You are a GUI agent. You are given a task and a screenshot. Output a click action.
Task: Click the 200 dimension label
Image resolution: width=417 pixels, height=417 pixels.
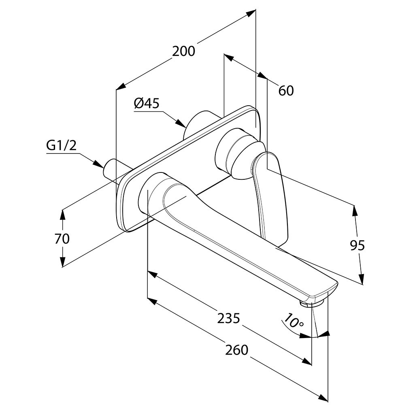click(x=183, y=51)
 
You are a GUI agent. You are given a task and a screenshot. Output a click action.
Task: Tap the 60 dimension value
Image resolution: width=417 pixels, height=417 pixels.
click(x=286, y=90)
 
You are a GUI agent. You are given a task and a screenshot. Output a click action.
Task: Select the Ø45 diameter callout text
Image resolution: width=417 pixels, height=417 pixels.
click(x=147, y=103)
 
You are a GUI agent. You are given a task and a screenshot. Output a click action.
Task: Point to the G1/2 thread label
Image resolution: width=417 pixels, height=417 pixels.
click(x=62, y=146)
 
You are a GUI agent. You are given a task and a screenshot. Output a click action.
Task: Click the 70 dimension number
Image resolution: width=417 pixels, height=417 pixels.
click(x=62, y=238)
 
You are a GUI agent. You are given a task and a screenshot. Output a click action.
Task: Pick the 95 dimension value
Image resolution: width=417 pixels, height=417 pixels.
click(x=357, y=245)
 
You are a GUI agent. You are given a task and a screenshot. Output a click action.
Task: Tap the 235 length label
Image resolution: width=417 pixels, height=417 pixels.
click(x=229, y=318)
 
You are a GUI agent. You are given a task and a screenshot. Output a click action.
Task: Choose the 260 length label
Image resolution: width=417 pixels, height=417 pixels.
click(x=237, y=350)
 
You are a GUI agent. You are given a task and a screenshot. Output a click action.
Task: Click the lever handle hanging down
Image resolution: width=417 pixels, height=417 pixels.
click(x=270, y=196)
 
